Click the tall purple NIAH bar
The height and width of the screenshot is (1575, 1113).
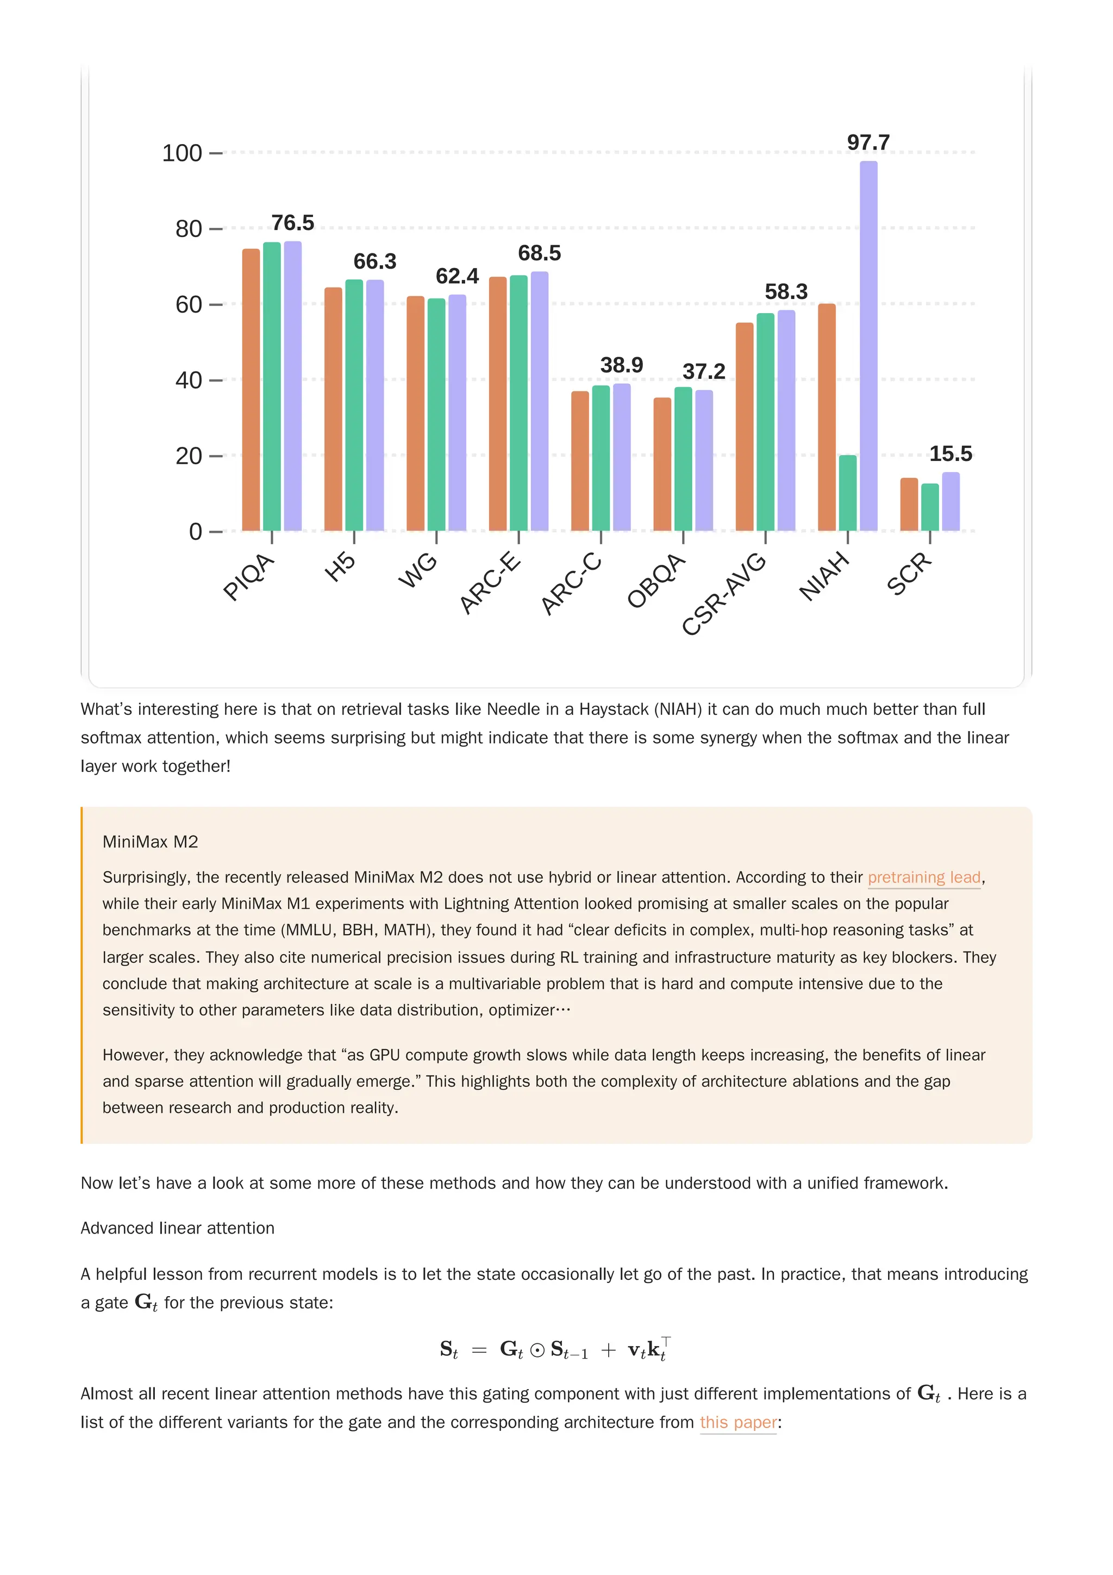[x=868, y=346]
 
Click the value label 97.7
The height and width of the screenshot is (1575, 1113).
[x=868, y=142]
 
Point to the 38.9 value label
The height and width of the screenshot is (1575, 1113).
[x=621, y=365]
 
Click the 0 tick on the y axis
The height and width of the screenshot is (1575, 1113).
[x=196, y=532]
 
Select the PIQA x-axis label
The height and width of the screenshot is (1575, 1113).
[x=249, y=577]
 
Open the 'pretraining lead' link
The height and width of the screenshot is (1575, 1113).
[x=924, y=877]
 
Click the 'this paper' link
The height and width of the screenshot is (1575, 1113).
[x=738, y=1422]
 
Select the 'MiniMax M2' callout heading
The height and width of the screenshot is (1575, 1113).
[x=150, y=842]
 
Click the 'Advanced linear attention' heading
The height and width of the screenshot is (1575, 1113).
[x=178, y=1228]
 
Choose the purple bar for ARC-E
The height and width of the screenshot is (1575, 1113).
[x=539, y=401]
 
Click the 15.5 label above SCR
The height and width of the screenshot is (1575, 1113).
[x=951, y=453]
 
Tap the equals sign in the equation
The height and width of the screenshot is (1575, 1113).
[x=479, y=1350]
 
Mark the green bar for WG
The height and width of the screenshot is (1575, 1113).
[x=436, y=414]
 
